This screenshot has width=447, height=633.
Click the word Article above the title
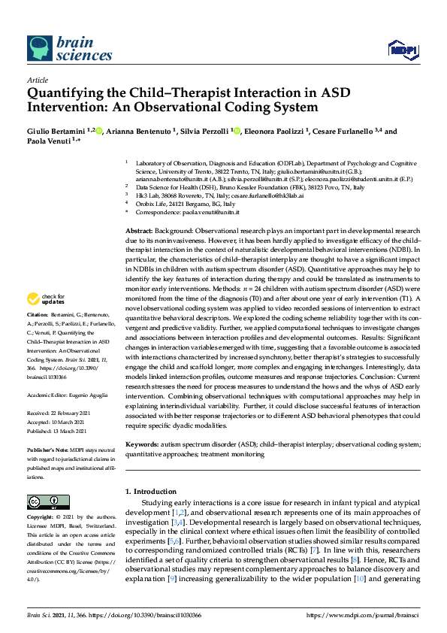38,80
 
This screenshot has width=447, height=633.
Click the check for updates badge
44,320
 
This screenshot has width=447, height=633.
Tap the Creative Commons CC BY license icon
43,501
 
